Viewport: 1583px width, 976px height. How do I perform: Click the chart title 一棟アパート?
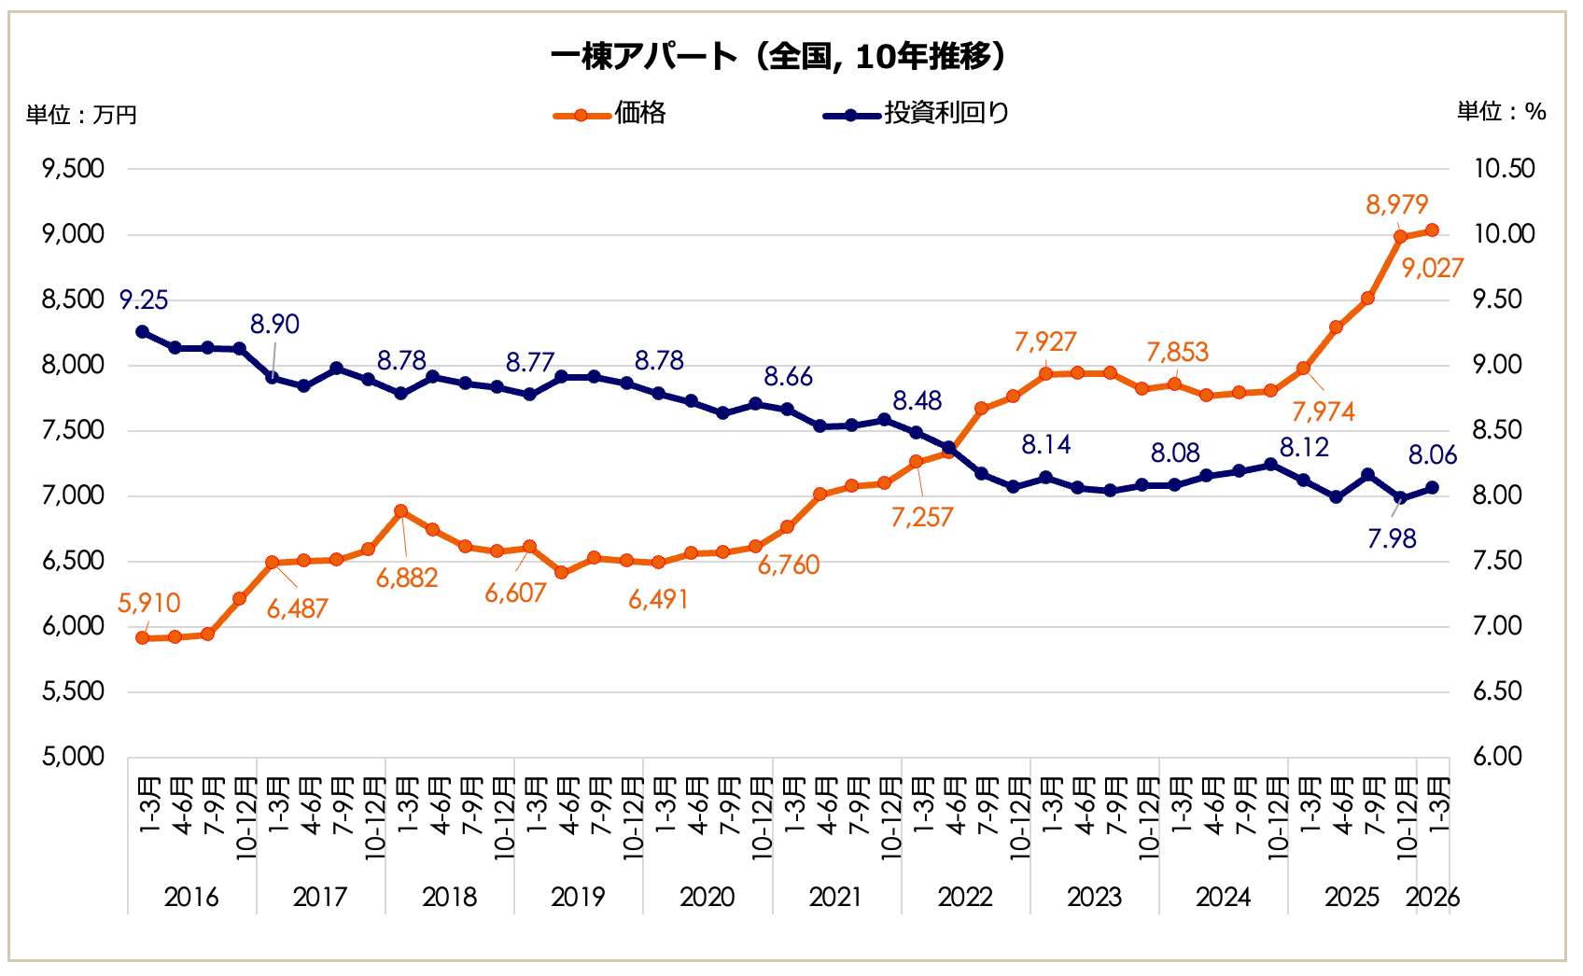[779, 57]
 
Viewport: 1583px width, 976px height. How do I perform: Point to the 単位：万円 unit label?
[81, 115]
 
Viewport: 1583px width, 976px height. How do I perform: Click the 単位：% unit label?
[1501, 112]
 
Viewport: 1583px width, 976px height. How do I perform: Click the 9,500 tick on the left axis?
[73, 169]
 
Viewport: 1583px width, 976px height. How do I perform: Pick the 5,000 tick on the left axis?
[73, 757]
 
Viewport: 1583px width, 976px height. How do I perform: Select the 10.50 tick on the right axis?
[1504, 169]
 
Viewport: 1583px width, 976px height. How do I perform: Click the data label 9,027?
[1432, 269]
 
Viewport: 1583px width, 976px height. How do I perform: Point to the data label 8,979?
[1396, 204]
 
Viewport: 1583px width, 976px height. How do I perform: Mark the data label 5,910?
[148, 604]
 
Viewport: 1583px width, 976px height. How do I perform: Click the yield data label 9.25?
[144, 300]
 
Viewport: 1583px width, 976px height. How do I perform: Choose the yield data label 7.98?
[1392, 539]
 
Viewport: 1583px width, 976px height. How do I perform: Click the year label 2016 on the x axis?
[190, 898]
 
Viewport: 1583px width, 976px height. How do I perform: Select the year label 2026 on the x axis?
[1432, 898]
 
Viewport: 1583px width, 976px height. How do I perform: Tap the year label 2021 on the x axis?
[835, 898]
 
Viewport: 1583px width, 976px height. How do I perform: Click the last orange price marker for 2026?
[1432, 230]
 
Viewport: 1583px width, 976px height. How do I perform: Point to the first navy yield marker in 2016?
[143, 331]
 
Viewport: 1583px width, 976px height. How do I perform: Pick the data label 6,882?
[407, 579]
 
